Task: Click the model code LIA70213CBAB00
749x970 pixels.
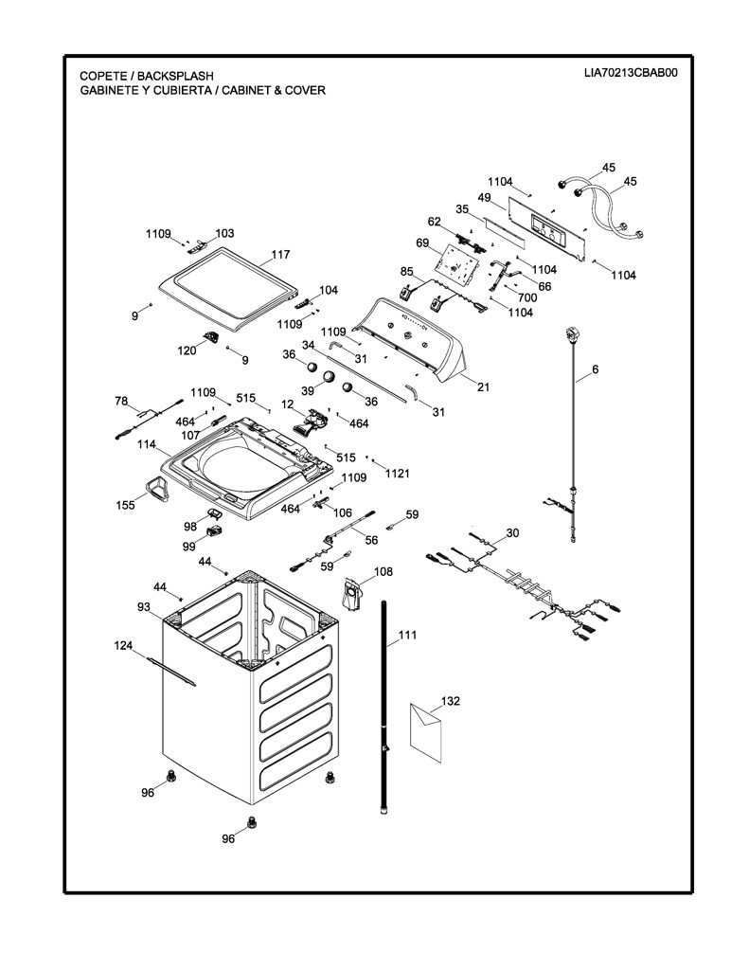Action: [x=631, y=72]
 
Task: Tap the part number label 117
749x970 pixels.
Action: [x=280, y=254]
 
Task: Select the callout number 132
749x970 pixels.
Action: [x=451, y=701]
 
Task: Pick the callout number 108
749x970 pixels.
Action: [x=383, y=571]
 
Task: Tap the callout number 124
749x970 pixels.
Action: [x=124, y=646]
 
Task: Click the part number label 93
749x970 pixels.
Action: [x=144, y=607]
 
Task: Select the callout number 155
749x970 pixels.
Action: [x=126, y=506]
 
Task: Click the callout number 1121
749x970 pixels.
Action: [x=397, y=474]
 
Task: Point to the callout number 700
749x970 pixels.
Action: [x=527, y=297]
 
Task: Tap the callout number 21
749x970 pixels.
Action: [x=483, y=387]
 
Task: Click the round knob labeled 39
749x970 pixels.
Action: [x=328, y=376]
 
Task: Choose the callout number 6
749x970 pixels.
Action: [x=595, y=369]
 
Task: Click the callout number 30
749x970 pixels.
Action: [x=512, y=532]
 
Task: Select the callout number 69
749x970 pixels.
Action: [x=422, y=243]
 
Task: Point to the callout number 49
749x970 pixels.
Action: [x=484, y=198]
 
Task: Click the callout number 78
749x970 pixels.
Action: [x=121, y=401]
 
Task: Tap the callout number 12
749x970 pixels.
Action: [x=287, y=404]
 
